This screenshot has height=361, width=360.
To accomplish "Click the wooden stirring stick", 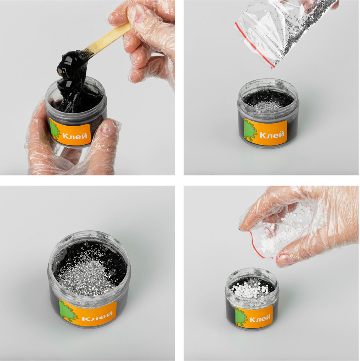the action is pos(108,39).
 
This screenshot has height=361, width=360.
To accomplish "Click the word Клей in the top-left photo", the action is pos(75,136).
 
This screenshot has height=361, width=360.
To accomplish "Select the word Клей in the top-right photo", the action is pos(272,134).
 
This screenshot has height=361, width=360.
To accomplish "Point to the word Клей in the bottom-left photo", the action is pos(97,316).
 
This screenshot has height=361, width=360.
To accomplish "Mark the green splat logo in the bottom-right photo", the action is pos(241,317).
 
